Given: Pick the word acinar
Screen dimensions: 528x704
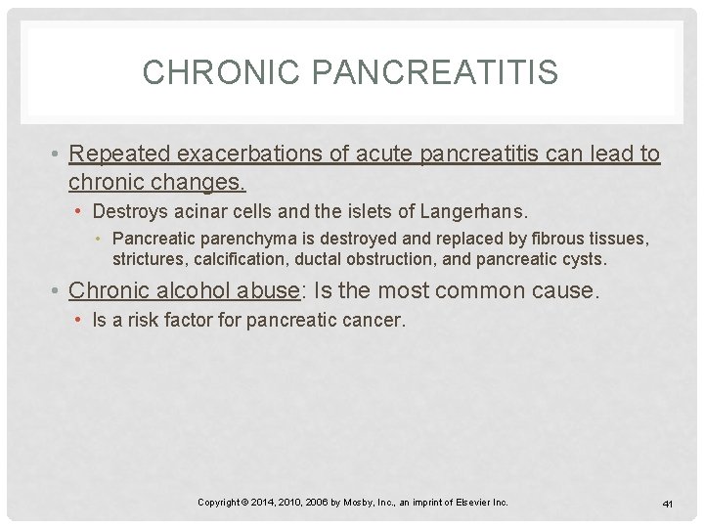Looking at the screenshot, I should (189, 212).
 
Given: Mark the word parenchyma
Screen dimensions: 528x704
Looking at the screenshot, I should (224, 240).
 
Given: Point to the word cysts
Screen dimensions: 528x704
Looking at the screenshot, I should (585, 260).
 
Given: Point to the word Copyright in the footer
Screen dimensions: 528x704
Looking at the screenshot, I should (219, 503).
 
